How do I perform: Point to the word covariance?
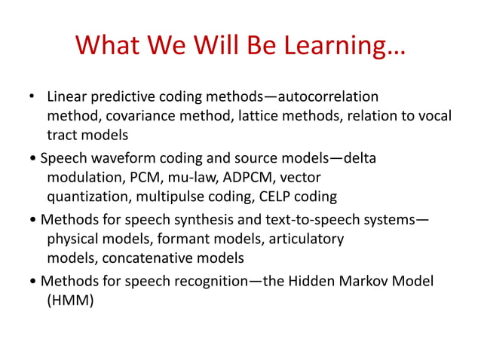(134, 116)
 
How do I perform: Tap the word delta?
(360, 159)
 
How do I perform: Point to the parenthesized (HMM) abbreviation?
(71, 301)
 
